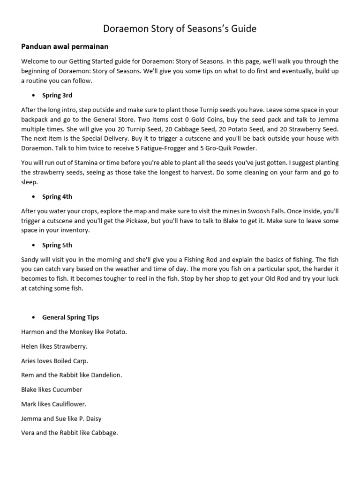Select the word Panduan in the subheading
point(37,47)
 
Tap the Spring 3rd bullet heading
point(57,96)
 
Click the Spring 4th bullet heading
point(57,197)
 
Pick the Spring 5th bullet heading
point(57,245)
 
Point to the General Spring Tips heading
point(70,317)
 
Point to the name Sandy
point(30,260)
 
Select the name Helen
point(30,346)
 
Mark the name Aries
point(29,361)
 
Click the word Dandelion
point(105,375)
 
